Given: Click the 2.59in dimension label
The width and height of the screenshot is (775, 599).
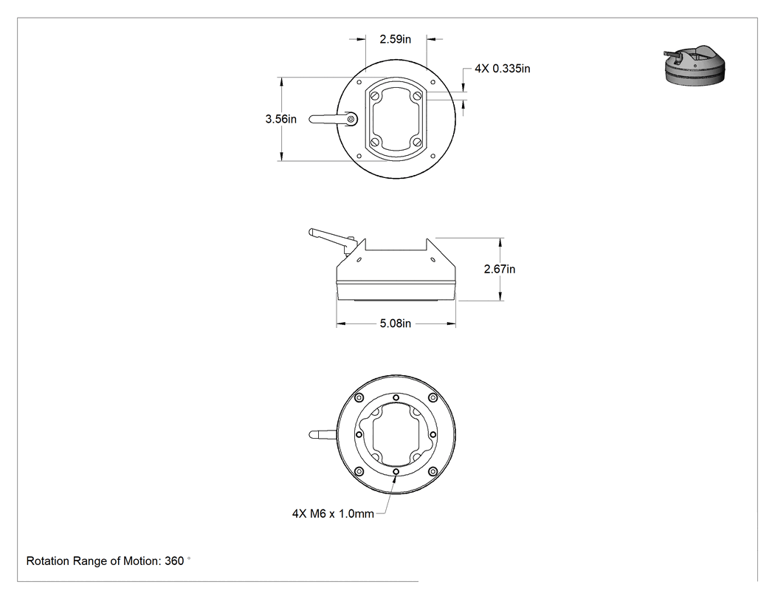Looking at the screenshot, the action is [395, 39].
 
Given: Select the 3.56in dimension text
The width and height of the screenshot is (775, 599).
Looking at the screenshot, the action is [280, 119].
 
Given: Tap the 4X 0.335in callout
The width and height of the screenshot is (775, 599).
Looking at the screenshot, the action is [502, 69].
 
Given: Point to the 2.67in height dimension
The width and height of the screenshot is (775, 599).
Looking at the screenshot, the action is [499, 269].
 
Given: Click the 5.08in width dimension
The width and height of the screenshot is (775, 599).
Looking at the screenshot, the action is [396, 324].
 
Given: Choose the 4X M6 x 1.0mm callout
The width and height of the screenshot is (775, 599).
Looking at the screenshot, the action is [333, 514].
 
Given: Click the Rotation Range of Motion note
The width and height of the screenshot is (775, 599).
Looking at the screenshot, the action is [108, 561].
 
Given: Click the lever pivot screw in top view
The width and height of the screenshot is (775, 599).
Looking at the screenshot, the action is [351, 119].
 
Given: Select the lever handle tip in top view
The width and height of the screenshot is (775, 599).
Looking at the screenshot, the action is [312, 119].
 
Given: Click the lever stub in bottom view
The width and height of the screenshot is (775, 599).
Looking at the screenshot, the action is [323, 435].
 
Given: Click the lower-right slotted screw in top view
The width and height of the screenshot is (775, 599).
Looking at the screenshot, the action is [417, 143].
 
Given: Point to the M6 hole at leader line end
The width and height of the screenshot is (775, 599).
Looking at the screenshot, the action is [396, 473].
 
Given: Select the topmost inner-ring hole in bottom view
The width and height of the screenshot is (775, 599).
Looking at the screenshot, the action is [396, 397].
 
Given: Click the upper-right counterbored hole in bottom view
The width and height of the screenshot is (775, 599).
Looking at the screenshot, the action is [433, 397].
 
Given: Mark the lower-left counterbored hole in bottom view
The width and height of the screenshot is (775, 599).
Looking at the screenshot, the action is [359, 471].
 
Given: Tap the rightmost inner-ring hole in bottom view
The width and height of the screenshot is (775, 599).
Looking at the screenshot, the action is [433, 435].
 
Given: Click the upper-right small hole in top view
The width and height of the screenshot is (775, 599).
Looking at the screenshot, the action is [433, 82].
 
